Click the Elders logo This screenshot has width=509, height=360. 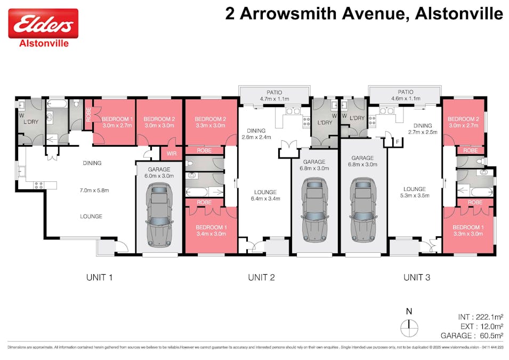[x=43, y=23]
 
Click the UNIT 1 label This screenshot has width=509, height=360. [x=100, y=277]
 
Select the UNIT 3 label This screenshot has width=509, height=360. [x=417, y=277]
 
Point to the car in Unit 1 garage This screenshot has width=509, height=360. [x=159, y=214]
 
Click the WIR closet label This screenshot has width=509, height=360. [x=172, y=154]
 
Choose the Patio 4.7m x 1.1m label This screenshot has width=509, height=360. [x=274, y=95]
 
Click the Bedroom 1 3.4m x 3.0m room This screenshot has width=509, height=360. [x=212, y=230]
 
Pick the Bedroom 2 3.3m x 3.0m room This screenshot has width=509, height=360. [x=211, y=122]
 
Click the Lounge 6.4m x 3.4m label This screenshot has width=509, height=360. [x=265, y=195]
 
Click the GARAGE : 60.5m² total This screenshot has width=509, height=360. [x=472, y=335]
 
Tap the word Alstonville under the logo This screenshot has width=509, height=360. [x=43, y=44]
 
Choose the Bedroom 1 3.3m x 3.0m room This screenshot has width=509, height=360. [x=467, y=230]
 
